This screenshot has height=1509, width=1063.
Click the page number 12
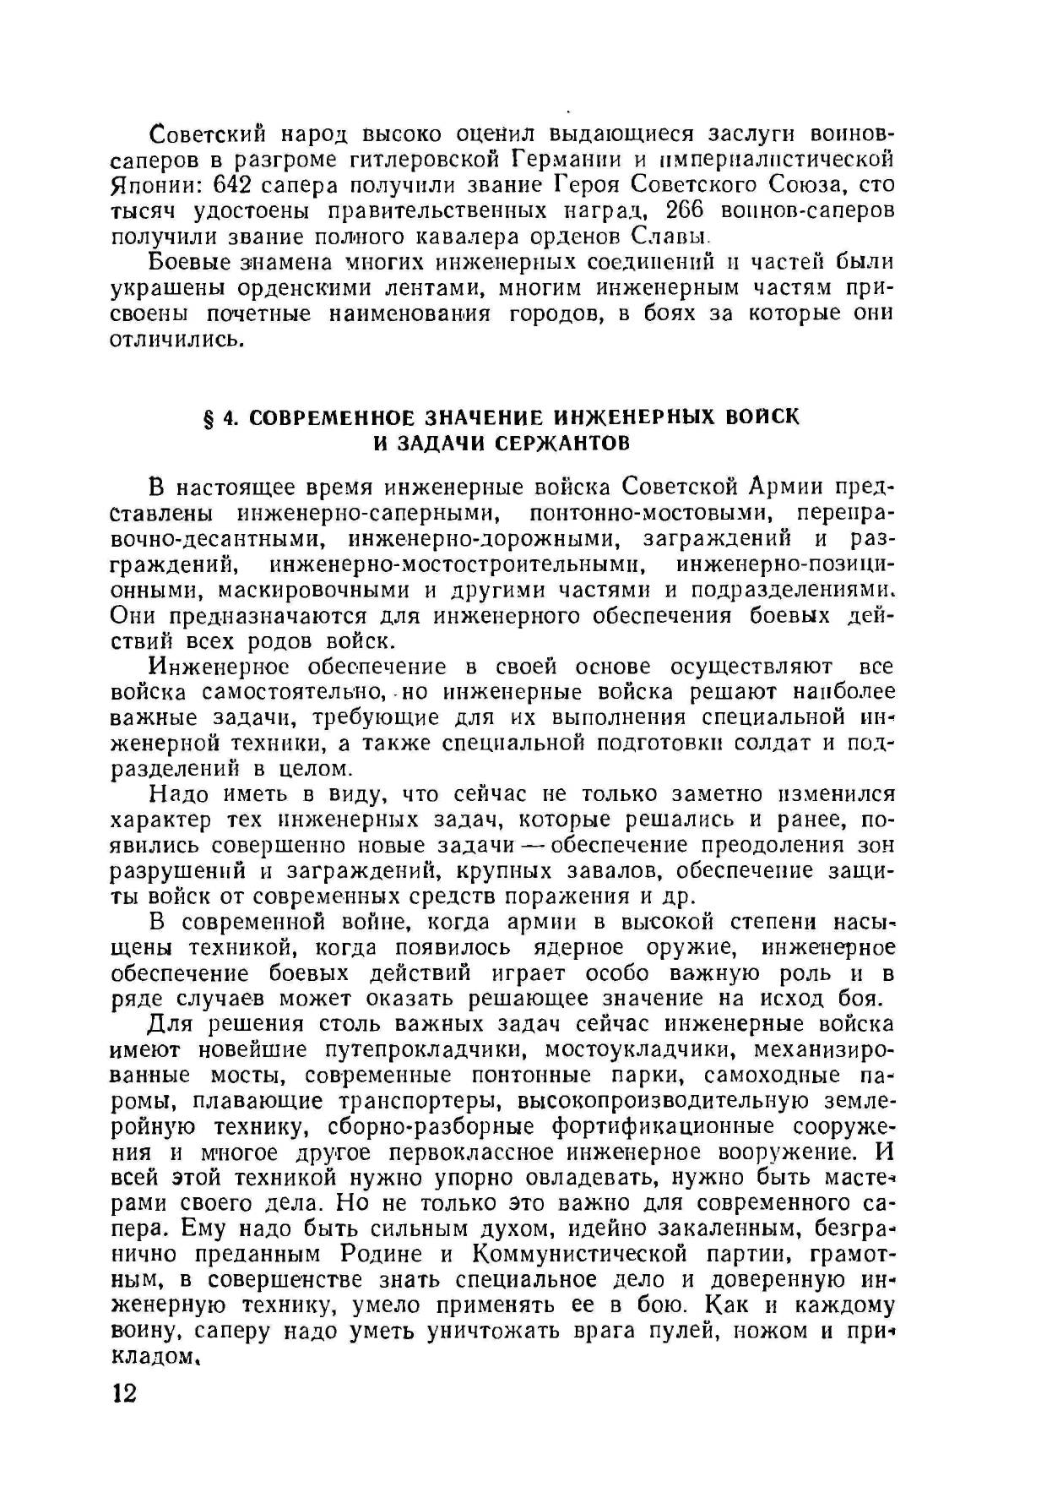(124, 1392)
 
